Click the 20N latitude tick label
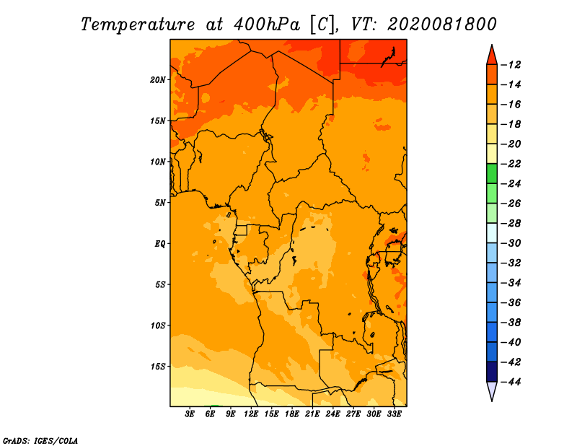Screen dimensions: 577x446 pos(158,79)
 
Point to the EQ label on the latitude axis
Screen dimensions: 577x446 pos(159,244)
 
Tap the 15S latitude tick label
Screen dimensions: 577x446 pos(158,367)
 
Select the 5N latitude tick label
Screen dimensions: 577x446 pos(160,203)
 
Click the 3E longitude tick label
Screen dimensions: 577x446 pos(190,414)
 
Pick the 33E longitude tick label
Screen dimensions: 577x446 pos(394,414)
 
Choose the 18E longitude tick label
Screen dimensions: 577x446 pos(292,414)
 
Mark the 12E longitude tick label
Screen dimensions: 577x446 pos(251,414)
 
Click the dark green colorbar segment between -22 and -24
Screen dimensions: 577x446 pos(492,173)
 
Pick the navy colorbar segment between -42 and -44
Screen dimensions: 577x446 pos(492,372)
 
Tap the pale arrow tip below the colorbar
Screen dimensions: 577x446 pos(492,401)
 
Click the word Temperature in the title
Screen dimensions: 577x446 pos(138,25)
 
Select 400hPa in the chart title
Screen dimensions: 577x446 pos(267,25)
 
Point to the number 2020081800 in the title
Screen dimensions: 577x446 pos(442,25)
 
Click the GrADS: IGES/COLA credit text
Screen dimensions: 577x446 pos(40,440)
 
